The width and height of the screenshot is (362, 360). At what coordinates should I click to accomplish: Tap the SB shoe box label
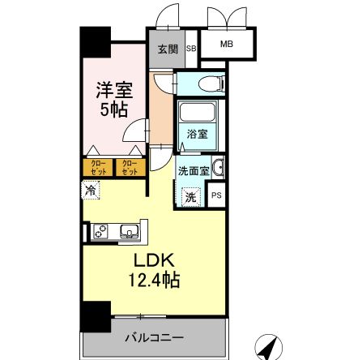[191, 48]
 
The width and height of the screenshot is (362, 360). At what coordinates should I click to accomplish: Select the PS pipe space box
[216, 195]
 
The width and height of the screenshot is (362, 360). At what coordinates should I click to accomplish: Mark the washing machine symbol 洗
[190, 195]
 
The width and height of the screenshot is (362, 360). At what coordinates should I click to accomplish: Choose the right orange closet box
[129, 168]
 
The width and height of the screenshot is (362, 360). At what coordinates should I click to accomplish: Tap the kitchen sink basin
[127, 232]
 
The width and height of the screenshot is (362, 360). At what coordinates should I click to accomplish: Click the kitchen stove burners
[101, 233]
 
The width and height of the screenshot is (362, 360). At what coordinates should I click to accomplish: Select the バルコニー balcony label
[154, 336]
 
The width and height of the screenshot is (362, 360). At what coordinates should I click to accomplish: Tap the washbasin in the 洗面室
[219, 169]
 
